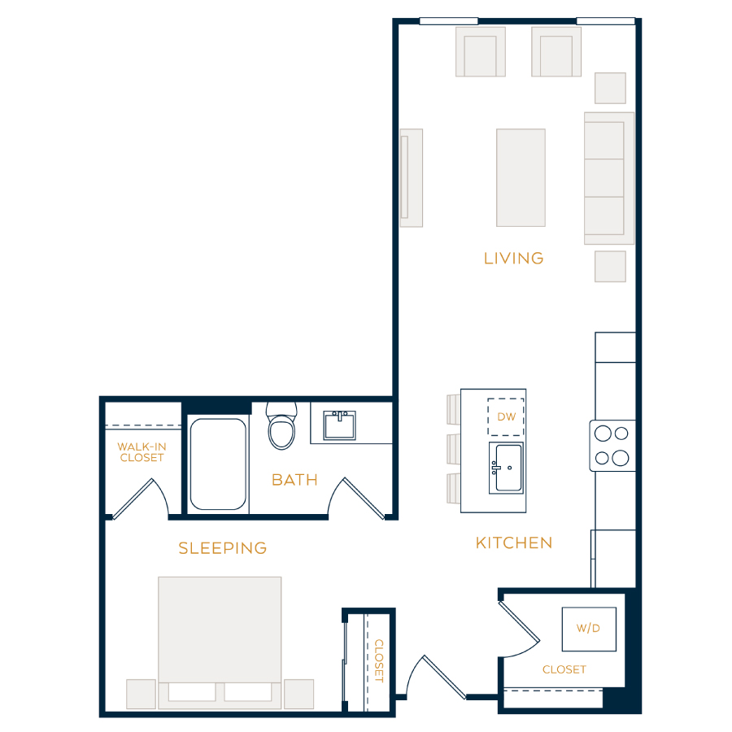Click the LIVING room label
click(513, 258)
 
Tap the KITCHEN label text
click(514, 542)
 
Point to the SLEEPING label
click(223, 547)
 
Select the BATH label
click(294, 480)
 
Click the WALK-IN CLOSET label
click(142, 452)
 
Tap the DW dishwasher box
click(506, 417)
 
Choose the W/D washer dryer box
click(589, 629)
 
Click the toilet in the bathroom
click(281, 425)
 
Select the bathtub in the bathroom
click(218, 464)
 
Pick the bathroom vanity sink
click(339, 425)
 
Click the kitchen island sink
click(506, 468)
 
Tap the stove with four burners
click(612, 446)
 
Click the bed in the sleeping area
click(220, 643)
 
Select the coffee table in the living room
click(521, 178)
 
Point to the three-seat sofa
click(609, 178)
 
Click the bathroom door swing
click(356, 498)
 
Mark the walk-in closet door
click(141, 499)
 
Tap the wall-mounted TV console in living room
click(412, 178)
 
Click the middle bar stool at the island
click(453, 449)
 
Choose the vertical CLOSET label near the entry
click(379, 660)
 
